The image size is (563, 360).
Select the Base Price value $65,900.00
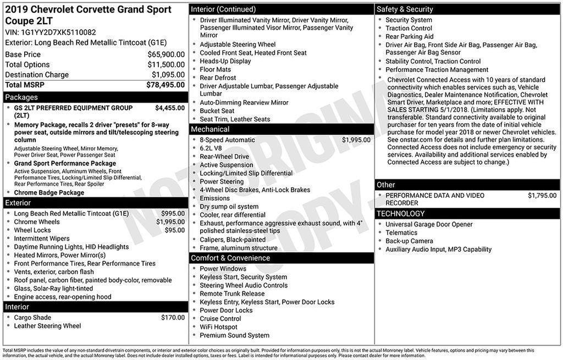point(166,54)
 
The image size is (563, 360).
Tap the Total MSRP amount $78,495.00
point(165,85)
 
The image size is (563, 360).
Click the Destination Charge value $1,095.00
point(168,75)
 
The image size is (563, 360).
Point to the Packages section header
point(21,97)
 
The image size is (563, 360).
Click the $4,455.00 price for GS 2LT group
point(170,108)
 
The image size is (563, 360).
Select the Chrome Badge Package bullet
point(49,193)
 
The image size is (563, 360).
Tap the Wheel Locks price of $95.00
point(175,230)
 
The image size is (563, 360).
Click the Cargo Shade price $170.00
point(173,317)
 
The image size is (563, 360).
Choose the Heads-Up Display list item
point(225,61)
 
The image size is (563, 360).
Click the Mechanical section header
point(210,129)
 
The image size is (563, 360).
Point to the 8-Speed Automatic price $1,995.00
point(356,140)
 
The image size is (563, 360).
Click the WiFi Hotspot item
point(218,327)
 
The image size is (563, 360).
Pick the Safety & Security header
point(405,9)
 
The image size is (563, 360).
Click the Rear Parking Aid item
point(409,37)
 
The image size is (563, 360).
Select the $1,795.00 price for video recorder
point(542,196)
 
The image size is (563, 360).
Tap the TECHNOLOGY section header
point(400,213)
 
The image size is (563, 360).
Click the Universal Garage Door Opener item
point(429,224)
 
